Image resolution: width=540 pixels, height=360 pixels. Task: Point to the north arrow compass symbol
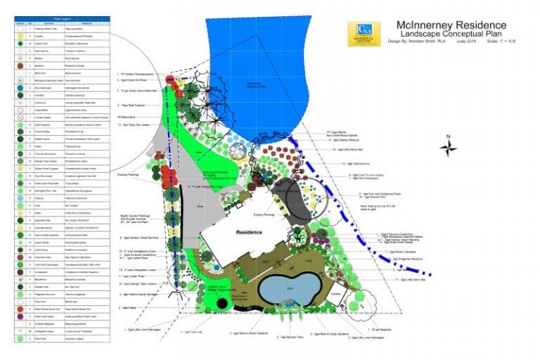pos(448,147)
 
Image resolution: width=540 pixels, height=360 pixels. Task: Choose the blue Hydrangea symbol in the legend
pos(20,88)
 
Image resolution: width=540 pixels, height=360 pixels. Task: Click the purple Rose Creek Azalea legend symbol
pos(20,317)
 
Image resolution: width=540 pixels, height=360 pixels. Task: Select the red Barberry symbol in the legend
pos(20,65)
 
